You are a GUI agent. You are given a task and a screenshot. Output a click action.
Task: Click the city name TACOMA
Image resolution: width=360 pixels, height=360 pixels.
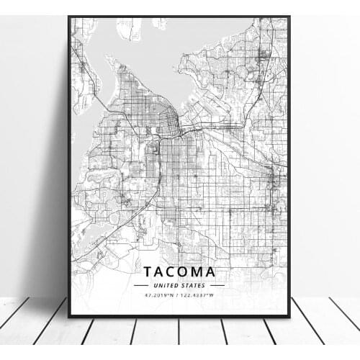point(179,272)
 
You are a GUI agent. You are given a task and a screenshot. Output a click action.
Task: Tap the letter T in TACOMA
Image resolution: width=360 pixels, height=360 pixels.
point(149,272)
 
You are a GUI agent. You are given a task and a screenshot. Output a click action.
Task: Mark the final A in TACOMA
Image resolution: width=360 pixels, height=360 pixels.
point(210,272)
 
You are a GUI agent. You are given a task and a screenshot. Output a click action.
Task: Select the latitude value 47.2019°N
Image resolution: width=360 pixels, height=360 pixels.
point(159,294)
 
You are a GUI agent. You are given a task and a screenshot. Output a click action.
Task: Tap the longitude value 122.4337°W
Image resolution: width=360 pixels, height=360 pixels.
point(199,294)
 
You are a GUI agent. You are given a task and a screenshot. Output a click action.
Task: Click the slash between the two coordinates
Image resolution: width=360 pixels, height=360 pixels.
point(179,294)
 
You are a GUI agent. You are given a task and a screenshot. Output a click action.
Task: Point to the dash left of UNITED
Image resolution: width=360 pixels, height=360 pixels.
point(141,285)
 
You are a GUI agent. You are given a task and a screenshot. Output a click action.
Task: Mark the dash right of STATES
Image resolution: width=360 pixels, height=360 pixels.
point(216,285)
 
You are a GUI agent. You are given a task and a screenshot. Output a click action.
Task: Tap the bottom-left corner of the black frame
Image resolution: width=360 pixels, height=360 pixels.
point(69,316)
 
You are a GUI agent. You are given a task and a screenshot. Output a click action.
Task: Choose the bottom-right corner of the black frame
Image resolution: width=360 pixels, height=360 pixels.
point(289,316)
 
